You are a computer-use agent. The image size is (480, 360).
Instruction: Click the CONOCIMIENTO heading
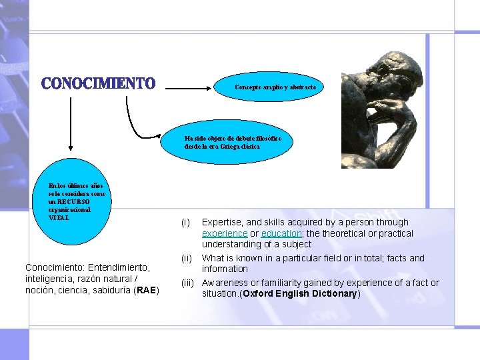[98, 84]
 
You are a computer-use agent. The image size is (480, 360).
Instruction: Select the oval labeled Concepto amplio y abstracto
[279, 87]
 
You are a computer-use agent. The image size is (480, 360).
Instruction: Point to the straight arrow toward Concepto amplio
[193, 87]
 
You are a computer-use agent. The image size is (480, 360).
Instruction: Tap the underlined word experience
[225, 233]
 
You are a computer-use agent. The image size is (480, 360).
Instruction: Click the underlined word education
[281, 233]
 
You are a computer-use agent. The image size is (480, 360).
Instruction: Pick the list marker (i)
[186, 222]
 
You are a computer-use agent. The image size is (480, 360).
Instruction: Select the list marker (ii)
[187, 258]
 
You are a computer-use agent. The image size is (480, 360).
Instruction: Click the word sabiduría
[109, 291]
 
